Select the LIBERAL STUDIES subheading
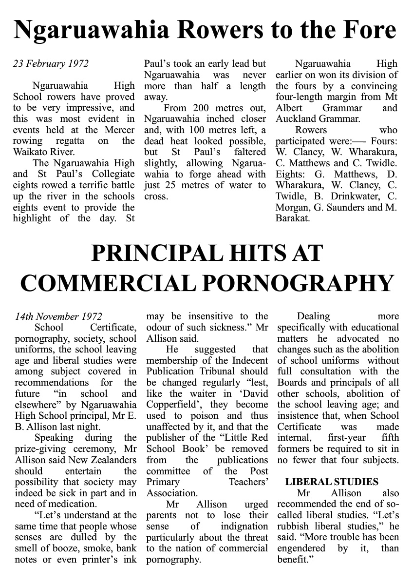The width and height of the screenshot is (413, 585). pyautogui.click(x=332, y=482)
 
